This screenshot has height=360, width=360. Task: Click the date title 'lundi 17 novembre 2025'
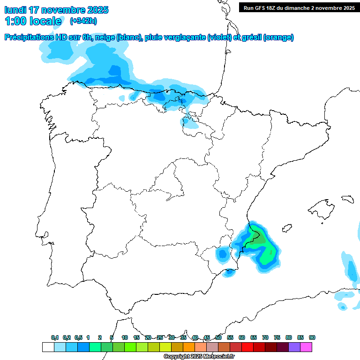(x=56, y=10)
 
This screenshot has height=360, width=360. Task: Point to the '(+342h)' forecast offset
(x=83, y=21)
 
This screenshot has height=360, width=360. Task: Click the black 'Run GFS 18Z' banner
(x=299, y=7)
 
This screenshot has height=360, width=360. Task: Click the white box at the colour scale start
(x=48, y=347)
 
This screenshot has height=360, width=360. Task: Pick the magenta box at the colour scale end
(x=306, y=347)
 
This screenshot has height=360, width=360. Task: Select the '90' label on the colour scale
(x=312, y=337)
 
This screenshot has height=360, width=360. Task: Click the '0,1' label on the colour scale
(x=55, y=337)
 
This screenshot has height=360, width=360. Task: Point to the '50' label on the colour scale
(x=218, y=337)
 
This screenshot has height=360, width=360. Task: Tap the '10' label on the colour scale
(x=125, y=337)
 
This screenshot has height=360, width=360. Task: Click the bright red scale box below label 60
(x=247, y=347)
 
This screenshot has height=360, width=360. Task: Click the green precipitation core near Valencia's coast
(x=259, y=242)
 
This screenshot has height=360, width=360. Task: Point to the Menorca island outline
(x=347, y=199)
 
